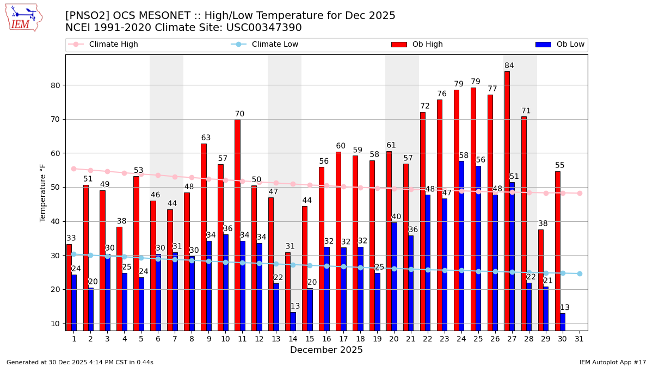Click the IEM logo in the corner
(23, 17)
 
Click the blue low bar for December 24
(461, 245)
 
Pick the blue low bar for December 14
(293, 321)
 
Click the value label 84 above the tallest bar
(509, 66)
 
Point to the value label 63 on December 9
(206, 138)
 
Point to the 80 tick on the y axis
(56, 85)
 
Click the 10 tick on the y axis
(56, 324)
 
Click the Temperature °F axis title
(44, 192)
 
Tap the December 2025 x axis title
(326, 350)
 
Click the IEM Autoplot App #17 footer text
(613, 362)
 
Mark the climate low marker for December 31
(580, 273)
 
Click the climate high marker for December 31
(580, 193)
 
